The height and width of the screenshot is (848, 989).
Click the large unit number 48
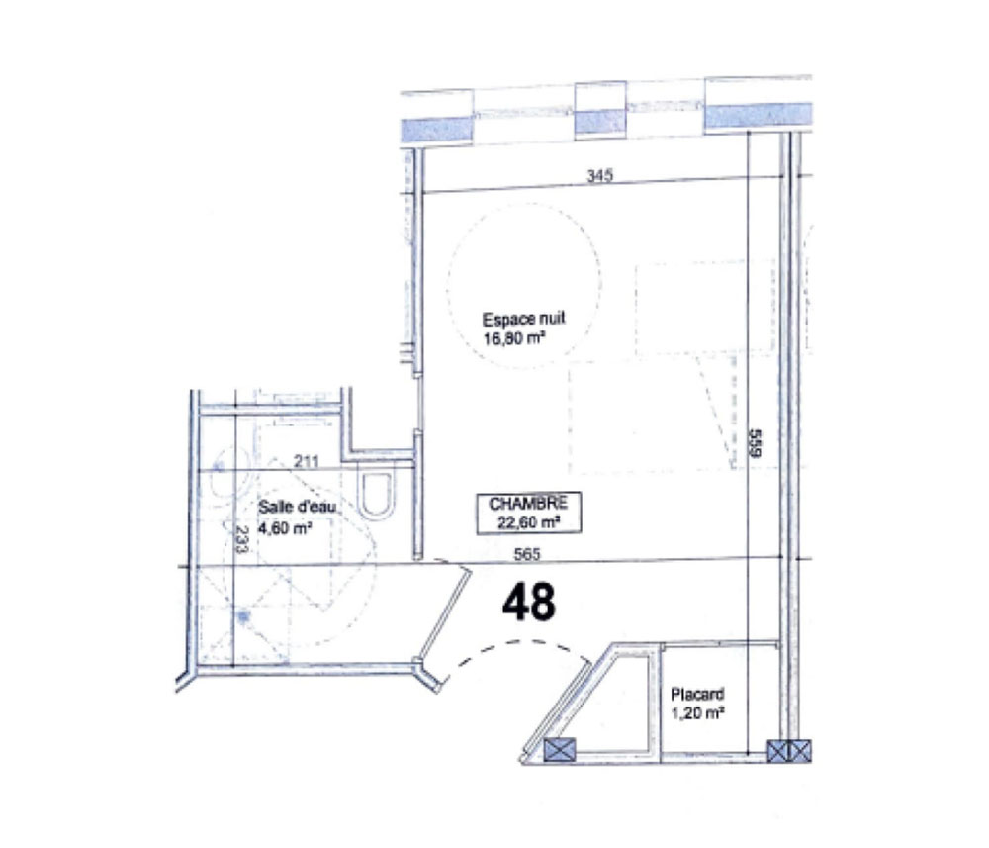click(528, 602)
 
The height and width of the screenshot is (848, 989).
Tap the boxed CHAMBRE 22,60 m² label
click(528, 513)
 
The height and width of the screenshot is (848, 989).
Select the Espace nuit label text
click(523, 318)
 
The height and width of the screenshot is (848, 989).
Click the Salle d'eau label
click(298, 506)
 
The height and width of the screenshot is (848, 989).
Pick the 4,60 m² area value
click(285, 528)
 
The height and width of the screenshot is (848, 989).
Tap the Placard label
click(697, 694)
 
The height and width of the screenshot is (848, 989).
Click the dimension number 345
click(600, 175)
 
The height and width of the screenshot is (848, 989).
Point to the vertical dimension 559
click(756, 443)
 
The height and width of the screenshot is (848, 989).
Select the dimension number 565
click(527, 554)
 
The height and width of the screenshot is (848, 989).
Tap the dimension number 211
click(307, 462)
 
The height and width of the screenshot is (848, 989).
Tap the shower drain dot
click(243, 614)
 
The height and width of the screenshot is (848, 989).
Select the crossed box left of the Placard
click(560, 750)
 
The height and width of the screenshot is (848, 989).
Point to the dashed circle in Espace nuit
click(448, 284)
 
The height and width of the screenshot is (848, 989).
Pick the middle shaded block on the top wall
click(600, 121)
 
